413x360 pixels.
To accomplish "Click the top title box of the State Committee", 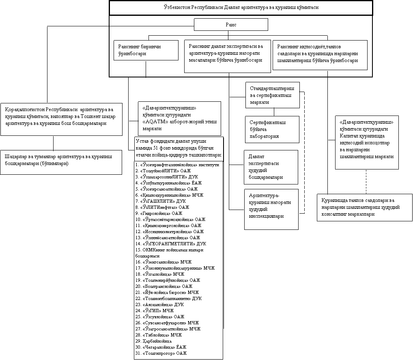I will [x=241, y=8].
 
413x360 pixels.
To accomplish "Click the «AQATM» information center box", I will [x=179, y=118].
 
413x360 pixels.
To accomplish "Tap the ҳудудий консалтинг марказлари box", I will [x=364, y=207].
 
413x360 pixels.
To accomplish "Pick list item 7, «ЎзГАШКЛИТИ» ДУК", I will [x=161, y=201].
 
